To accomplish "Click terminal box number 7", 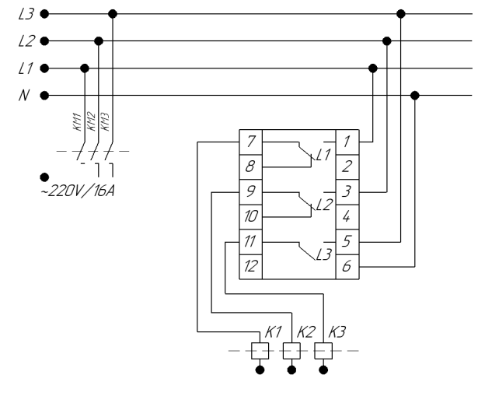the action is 251,142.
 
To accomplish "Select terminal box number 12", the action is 251,267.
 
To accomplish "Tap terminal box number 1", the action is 347,142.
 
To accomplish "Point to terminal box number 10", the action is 251,217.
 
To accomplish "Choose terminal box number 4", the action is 347,217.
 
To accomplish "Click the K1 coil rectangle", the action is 260,351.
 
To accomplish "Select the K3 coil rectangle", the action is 323,351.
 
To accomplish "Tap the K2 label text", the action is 305,332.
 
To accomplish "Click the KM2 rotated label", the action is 91,121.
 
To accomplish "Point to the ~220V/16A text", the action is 78,191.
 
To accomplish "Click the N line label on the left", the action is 24,95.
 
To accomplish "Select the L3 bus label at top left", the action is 26,14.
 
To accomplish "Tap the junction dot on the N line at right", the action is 414,95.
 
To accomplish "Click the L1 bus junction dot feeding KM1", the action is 85,68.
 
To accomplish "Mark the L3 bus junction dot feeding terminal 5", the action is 401,14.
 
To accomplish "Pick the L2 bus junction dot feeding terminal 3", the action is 386,41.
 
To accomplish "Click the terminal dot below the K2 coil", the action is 291,370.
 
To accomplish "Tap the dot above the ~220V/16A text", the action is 44,177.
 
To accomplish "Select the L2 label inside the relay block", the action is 325,205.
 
